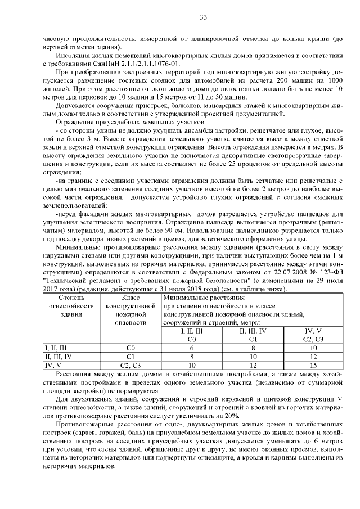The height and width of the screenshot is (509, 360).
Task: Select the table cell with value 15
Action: point(313,365)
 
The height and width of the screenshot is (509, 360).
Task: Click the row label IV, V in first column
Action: point(53,365)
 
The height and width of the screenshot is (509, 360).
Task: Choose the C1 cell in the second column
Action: point(130,357)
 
